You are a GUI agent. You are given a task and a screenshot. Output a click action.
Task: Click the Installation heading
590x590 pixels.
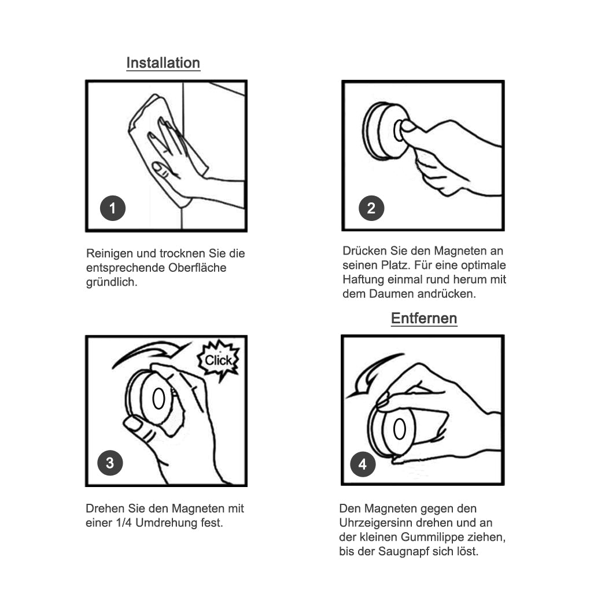pyautogui.click(x=163, y=63)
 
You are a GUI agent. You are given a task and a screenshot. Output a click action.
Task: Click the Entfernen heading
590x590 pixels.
pyautogui.click(x=424, y=318)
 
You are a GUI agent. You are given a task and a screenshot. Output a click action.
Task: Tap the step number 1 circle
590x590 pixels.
pyautogui.click(x=113, y=208)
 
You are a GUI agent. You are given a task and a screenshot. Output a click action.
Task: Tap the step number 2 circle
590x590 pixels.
pyautogui.click(x=371, y=208)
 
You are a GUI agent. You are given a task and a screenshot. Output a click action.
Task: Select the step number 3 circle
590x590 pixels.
pyautogui.click(x=110, y=463)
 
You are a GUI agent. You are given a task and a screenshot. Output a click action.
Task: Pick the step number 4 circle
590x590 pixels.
pyautogui.click(x=363, y=464)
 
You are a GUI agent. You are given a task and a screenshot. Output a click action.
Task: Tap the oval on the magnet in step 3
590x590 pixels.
pyautogui.click(x=159, y=399)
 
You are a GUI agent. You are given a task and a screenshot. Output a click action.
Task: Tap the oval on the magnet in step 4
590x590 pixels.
pyautogui.click(x=399, y=429)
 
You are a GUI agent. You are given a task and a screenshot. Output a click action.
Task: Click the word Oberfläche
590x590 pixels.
pyautogui.click(x=197, y=268)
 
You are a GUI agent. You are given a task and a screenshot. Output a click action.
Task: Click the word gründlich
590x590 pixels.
pyautogui.click(x=112, y=282)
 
